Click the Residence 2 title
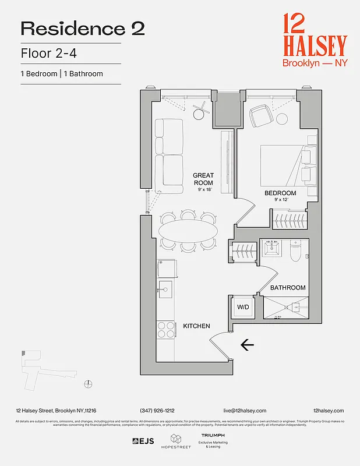83,29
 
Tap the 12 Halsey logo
314,42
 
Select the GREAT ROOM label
203,179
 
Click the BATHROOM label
288,288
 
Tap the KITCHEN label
196,326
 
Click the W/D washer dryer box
242,306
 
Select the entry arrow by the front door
247,345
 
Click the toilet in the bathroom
295,250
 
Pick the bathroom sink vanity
271,249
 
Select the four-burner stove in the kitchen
166,330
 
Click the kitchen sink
165,290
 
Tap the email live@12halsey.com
245,411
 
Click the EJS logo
143,441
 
